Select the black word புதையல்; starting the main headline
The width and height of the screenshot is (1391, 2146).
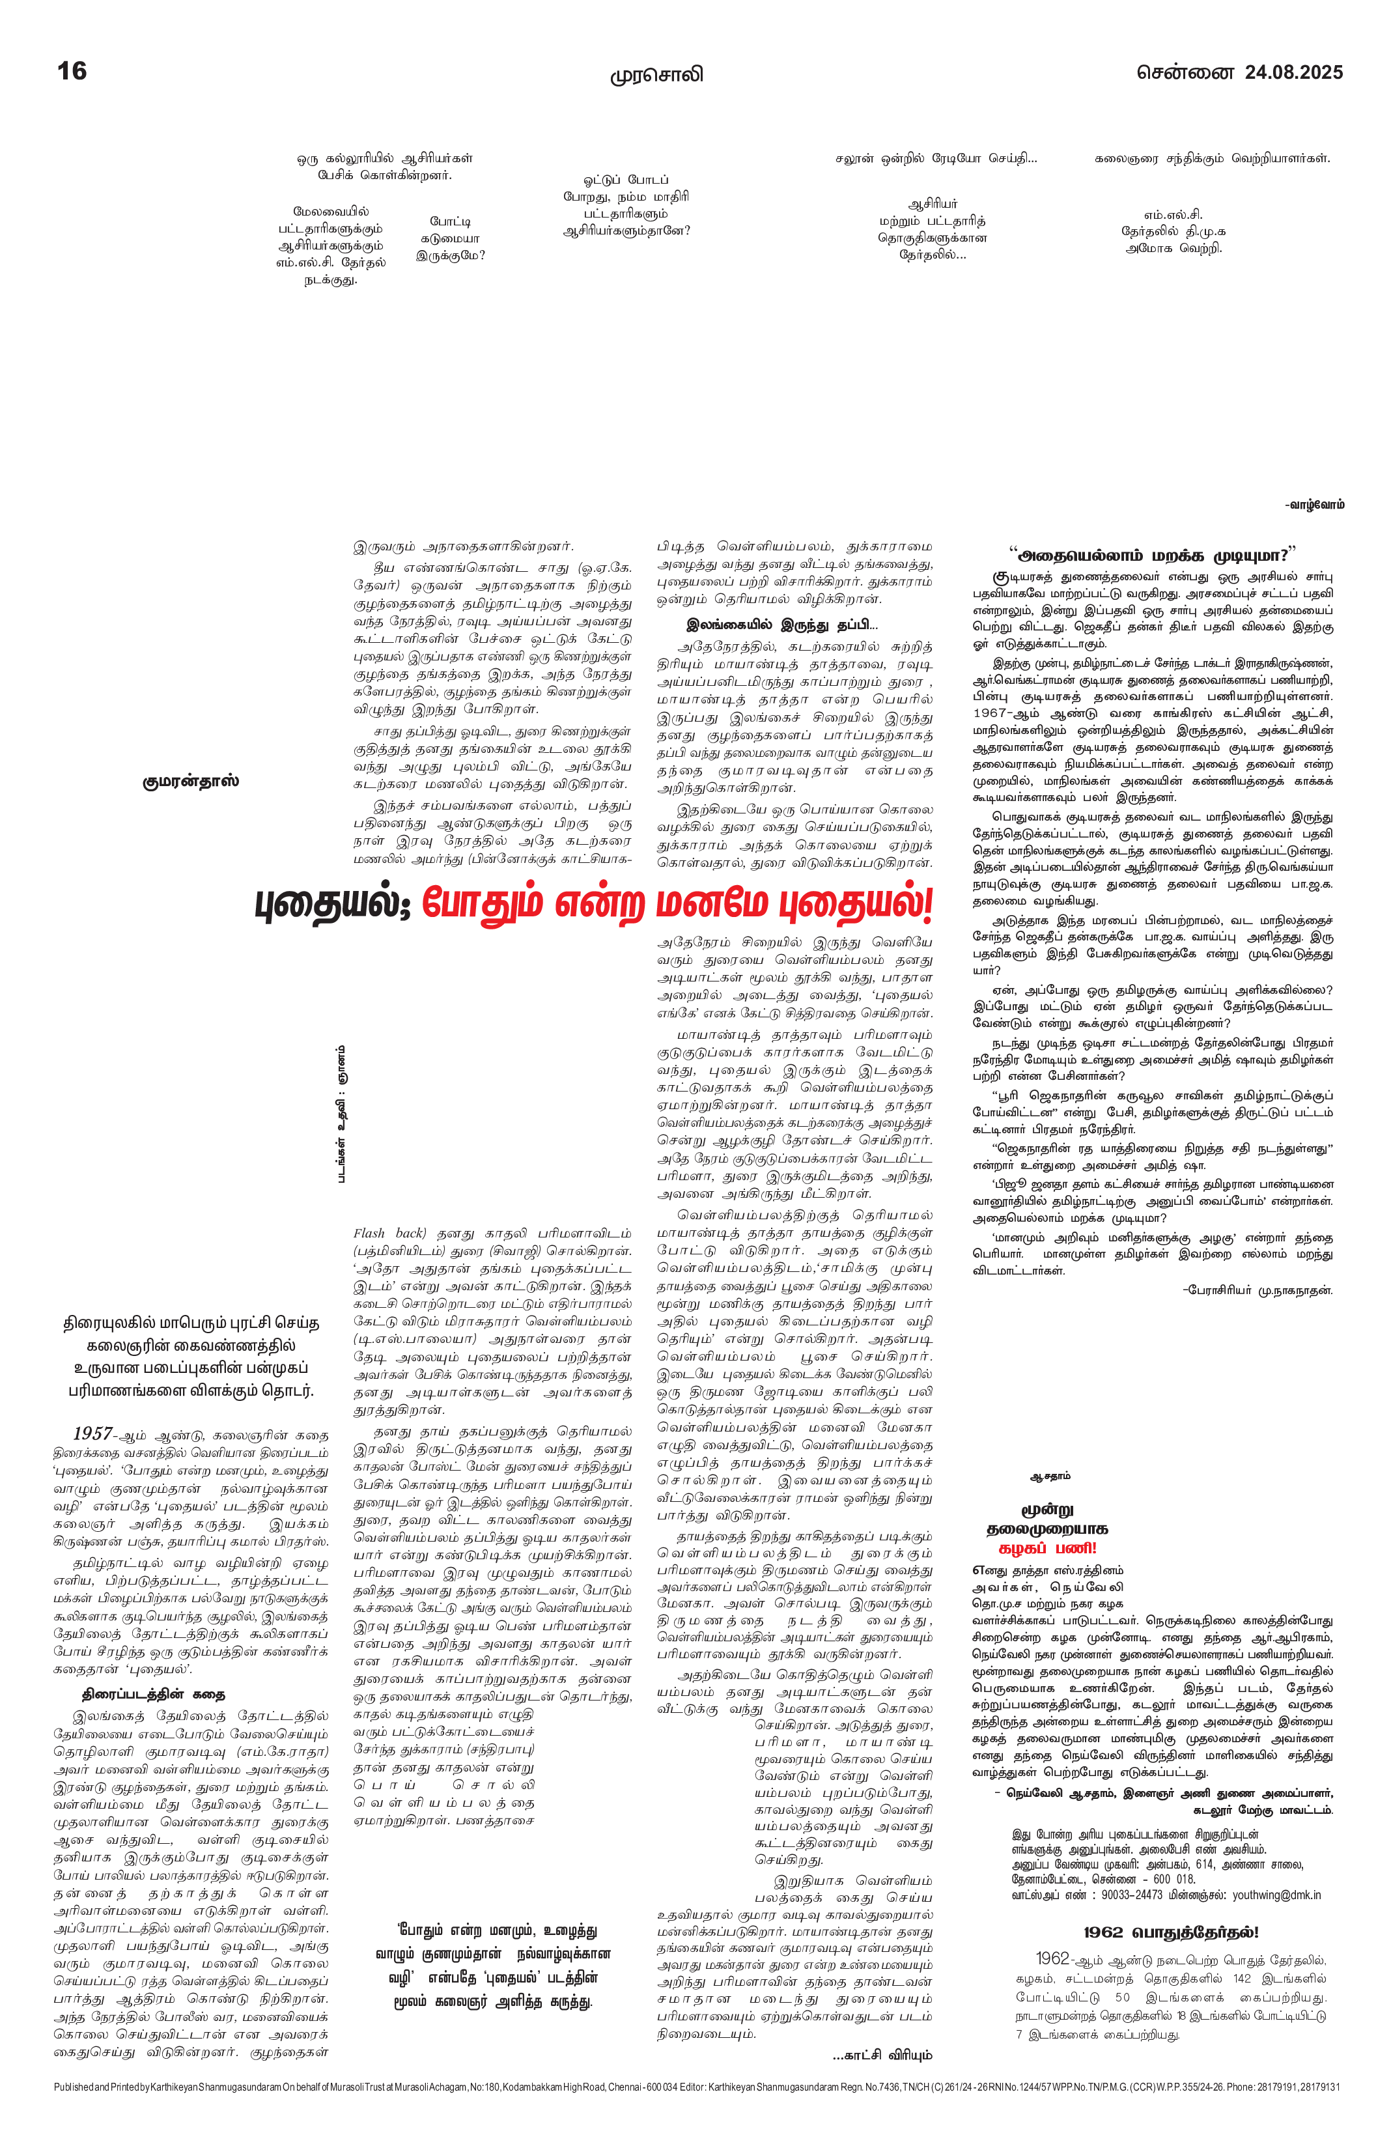click(333, 905)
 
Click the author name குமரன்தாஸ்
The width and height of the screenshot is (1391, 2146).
click(190, 781)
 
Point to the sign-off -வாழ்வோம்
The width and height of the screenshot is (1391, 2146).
click(1314, 505)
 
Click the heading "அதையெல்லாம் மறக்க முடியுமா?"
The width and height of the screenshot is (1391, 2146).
click(1152, 553)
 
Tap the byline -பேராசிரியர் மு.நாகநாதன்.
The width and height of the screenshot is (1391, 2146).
click(1257, 1290)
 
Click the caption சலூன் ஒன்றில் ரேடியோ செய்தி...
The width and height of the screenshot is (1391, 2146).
click(936, 159)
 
